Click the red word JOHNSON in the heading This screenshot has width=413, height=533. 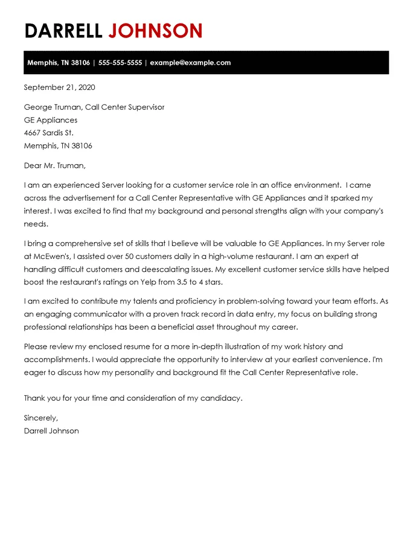click(155, 30)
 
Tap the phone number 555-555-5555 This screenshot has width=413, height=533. click(120, 63)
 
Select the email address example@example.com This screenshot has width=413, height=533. click(190, 63)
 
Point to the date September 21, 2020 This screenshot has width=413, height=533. click(59, 88)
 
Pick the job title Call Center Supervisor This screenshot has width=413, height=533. click(124, 107)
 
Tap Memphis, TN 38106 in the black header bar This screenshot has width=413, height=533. click(58, 63)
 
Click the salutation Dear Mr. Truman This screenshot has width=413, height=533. click(54, 165)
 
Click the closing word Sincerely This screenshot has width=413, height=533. click(40, 418)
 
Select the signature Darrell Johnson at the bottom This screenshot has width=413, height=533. click(51, 431)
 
